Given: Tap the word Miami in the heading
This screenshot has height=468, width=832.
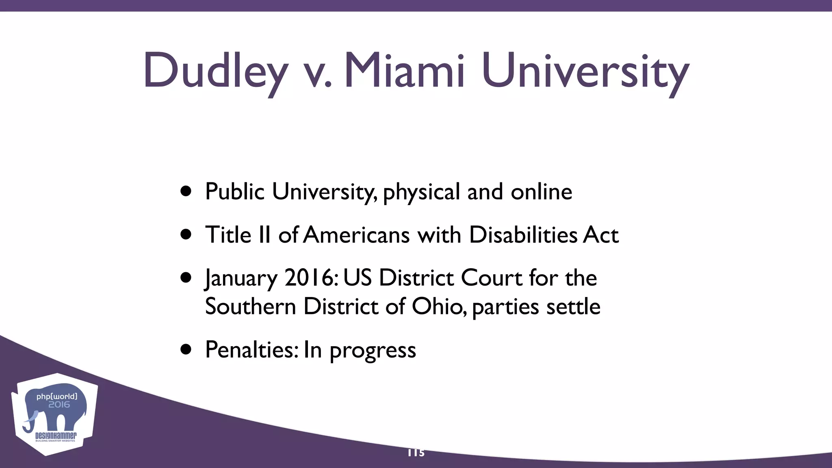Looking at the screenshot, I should pyautogui.click(x=404, y=70).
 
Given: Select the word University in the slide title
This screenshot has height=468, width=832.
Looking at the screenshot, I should pyautogui.click(x=585, y=71).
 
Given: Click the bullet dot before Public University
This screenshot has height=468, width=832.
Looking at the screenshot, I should pyautogui.click(x=186, y=191).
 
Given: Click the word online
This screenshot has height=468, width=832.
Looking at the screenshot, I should pyautogui.click(x=541, y=191).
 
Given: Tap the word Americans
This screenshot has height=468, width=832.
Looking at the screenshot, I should pyautogui.click(x=356, y=235).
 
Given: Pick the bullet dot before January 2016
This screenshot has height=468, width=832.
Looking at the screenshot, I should pyautogui.click(x=186, y=277).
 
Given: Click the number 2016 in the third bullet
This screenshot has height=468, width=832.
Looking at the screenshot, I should pyautogui.click(x=311, y=278).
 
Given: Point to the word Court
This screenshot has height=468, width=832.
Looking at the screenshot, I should pyautogui.click(x=491, y=278).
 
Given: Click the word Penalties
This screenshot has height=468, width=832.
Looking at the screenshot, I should pyautogui.click(x=252, y=349).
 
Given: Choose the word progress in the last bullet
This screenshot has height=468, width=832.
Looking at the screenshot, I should pyautogui.click(x=373, y=351).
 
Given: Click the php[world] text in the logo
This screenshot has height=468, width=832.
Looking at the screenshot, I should pyautogui.click(x=56, y=396).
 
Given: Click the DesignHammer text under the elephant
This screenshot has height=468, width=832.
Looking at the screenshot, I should pyautogui.click(x=56, y=435).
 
